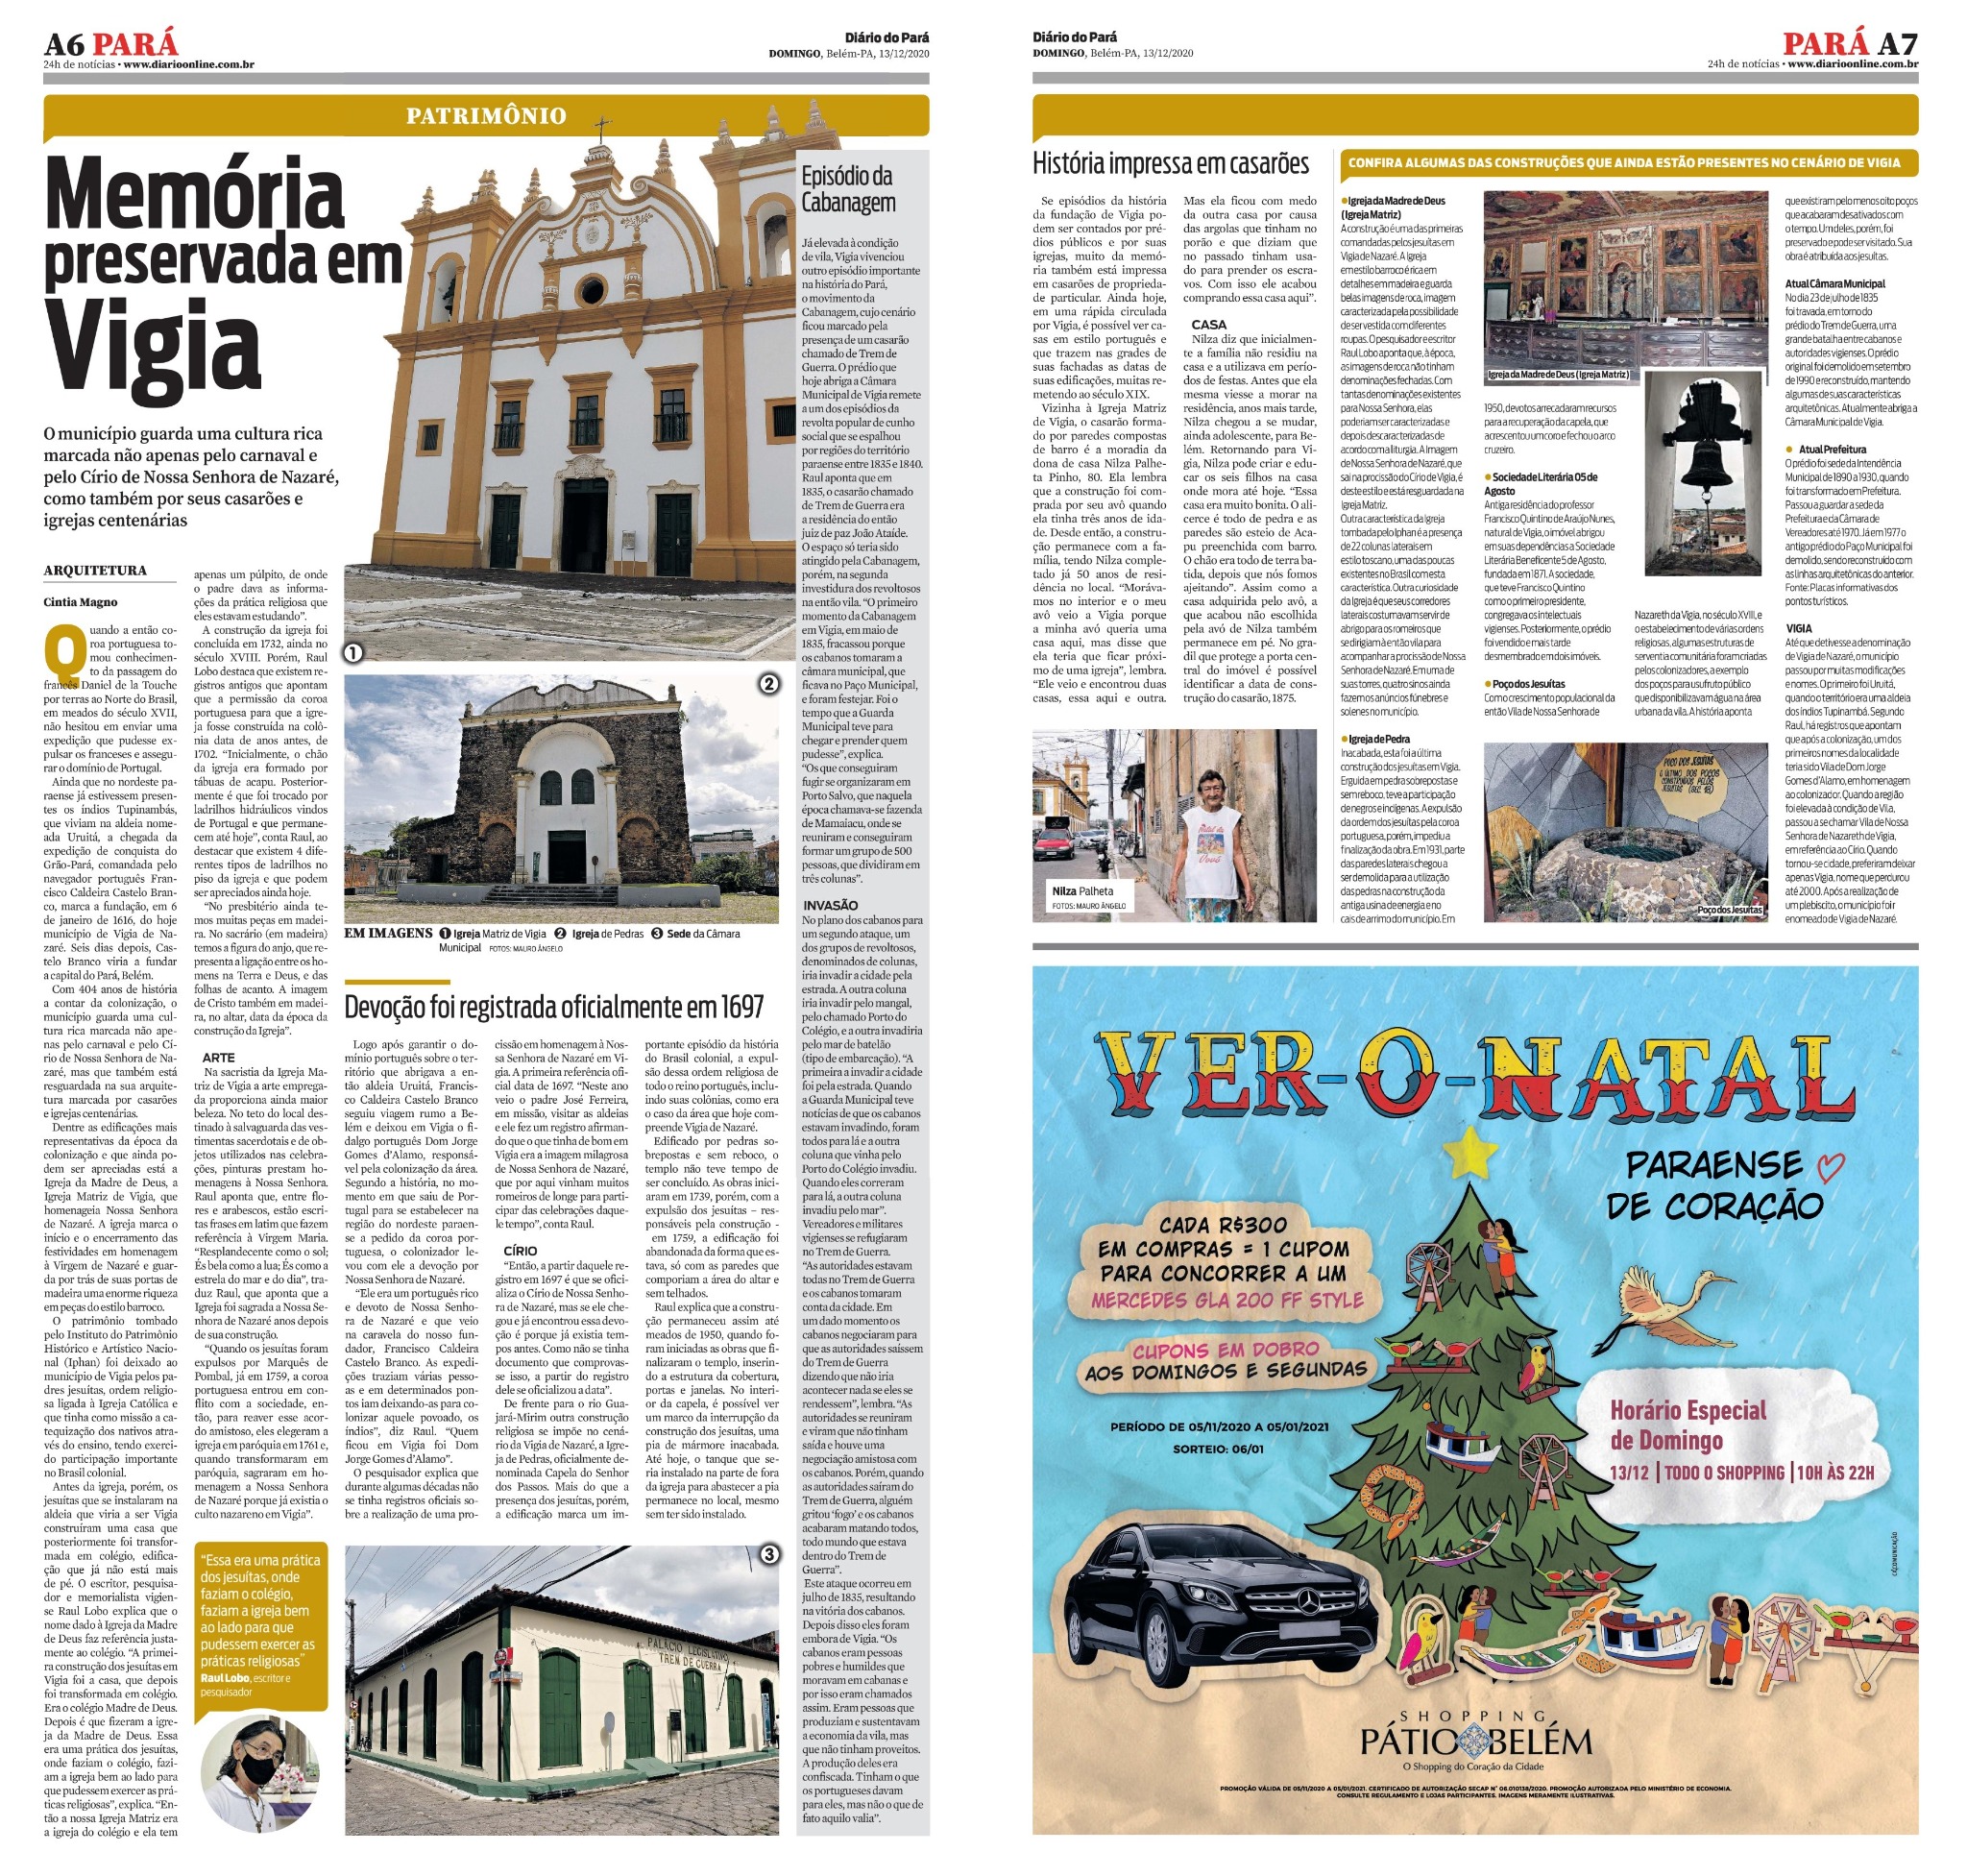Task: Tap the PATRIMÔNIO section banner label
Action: (486, 115)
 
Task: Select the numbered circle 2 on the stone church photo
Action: (767, 684)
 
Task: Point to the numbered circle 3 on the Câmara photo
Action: (768, 1555)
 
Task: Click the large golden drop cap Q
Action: (64, 652)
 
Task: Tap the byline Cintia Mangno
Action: (80, 601)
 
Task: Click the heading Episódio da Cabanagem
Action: (847, 189)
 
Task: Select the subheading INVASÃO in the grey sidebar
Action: (830, 904)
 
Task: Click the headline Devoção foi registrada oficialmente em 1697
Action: (554, 1007)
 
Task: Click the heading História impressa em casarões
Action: (1170, 163)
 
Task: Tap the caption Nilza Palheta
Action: (1081, 890)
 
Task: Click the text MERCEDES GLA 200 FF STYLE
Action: (1226, 1299)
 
